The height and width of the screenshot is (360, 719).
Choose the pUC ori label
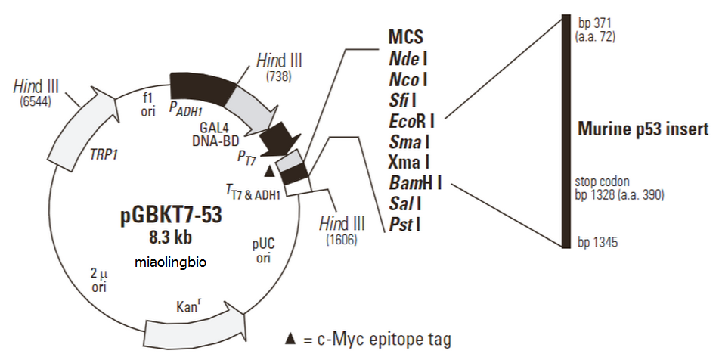tap(263, 251)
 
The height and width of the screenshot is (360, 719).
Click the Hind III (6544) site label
tap(36, 91)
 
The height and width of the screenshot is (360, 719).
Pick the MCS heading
tap(405, 37)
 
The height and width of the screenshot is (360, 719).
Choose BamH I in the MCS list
tap(415, 182)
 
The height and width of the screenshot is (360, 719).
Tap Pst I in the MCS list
tap(405, 224)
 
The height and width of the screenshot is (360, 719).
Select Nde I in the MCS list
tap(408, 57)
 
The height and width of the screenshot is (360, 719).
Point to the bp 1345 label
tap(597, 243)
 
